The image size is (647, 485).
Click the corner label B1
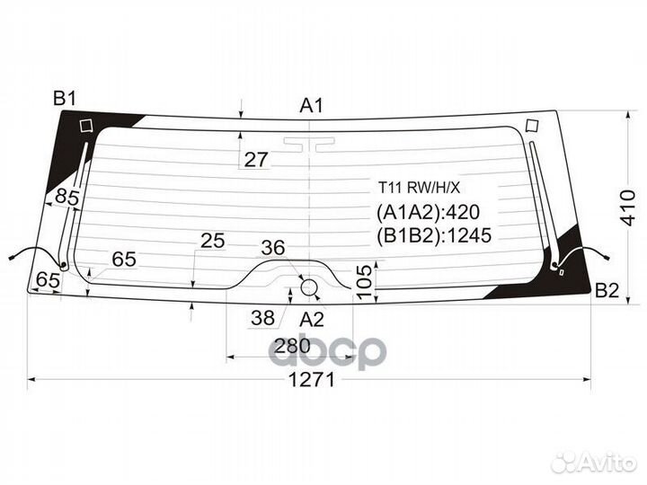[x=64, y=99]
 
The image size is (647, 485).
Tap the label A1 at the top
[x=310, y=106]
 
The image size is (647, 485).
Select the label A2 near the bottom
[x=311, y=319]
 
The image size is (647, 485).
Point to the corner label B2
[x=607, y=290]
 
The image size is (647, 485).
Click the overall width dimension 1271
[x=311, y=379]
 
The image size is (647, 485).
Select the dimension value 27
[x=256, y=160]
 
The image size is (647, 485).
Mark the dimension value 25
[x=212, y=241]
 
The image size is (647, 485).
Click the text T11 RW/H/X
[x=418, y=187]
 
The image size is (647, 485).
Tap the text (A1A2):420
[x=429, y=213]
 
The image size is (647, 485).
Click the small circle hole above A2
[x=309, y=287]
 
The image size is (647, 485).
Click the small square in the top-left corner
[x=86, y=126]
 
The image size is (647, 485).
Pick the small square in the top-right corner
[x=531, y=125]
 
